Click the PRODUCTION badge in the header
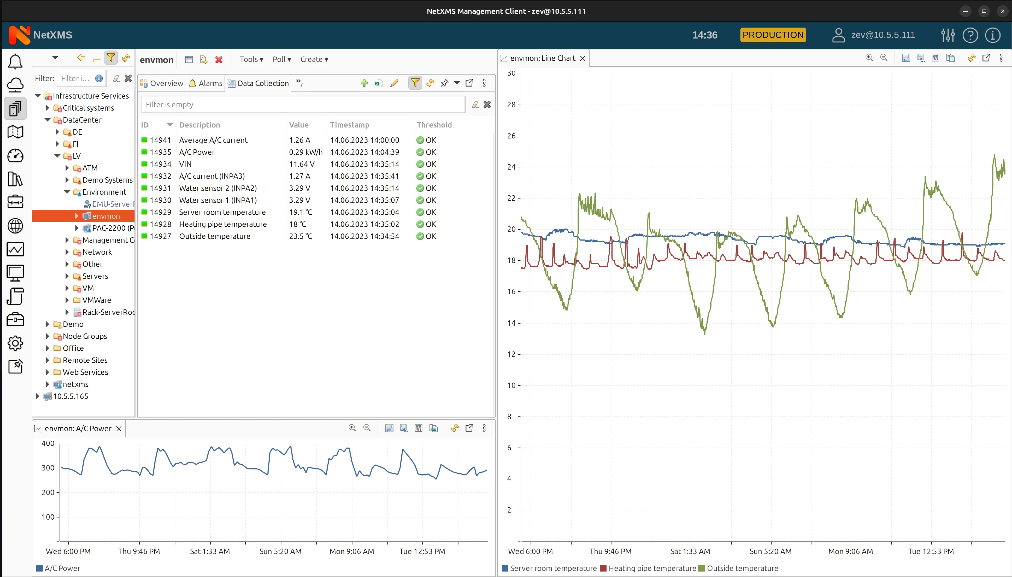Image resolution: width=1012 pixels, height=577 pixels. (x=773, y=35)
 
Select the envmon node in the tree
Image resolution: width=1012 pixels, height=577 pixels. (x=105, y=216)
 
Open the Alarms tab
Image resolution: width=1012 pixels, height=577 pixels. (x=206, y=83)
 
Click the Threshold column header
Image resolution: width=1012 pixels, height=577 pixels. (x=434, y=125)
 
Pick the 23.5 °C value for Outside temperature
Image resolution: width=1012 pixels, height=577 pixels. (x=301, y=236)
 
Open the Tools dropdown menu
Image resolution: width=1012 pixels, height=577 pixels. (x=251, y=60)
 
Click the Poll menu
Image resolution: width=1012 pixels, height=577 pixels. (x=281, y=60)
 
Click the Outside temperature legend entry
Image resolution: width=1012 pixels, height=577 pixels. (x=742, y=568)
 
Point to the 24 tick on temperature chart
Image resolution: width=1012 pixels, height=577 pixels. (x=511, y=167)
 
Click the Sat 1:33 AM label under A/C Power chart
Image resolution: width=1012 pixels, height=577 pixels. (x=210, y=551)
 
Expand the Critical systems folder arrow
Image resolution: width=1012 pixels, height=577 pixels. (x=48, y=108)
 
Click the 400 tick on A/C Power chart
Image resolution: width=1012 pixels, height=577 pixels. (x=48, y=443)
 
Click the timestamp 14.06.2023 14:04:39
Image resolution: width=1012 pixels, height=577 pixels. (x=364, y=152)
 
